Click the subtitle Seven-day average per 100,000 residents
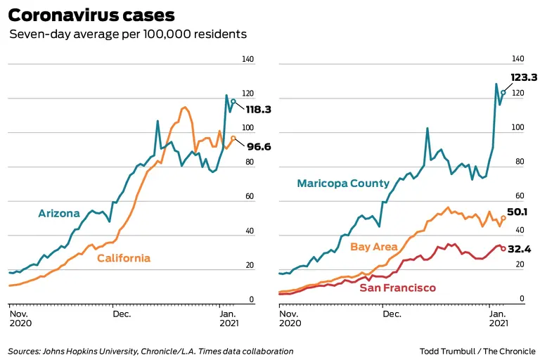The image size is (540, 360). (x=128, y=34)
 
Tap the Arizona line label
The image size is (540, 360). (x=59, y=213)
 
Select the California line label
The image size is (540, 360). (x=124, y=258)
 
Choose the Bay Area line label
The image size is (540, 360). (x=374, y=247)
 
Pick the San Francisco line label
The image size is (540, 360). (x=398, y=288)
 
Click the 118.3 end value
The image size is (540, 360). (x=258, y=110)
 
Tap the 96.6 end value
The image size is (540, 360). (x=258, y=147)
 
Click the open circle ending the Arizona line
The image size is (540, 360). (x=233, y=102)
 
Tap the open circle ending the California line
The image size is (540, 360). (x=233, y=139)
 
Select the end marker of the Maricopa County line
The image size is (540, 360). (x=503, y=93)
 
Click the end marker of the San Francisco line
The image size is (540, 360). (x=503, y=248)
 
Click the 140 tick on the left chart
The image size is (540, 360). (x=247, y=60)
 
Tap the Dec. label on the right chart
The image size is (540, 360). (x=392, y=314)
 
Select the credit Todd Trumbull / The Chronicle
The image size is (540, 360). (x=477, y=351)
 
